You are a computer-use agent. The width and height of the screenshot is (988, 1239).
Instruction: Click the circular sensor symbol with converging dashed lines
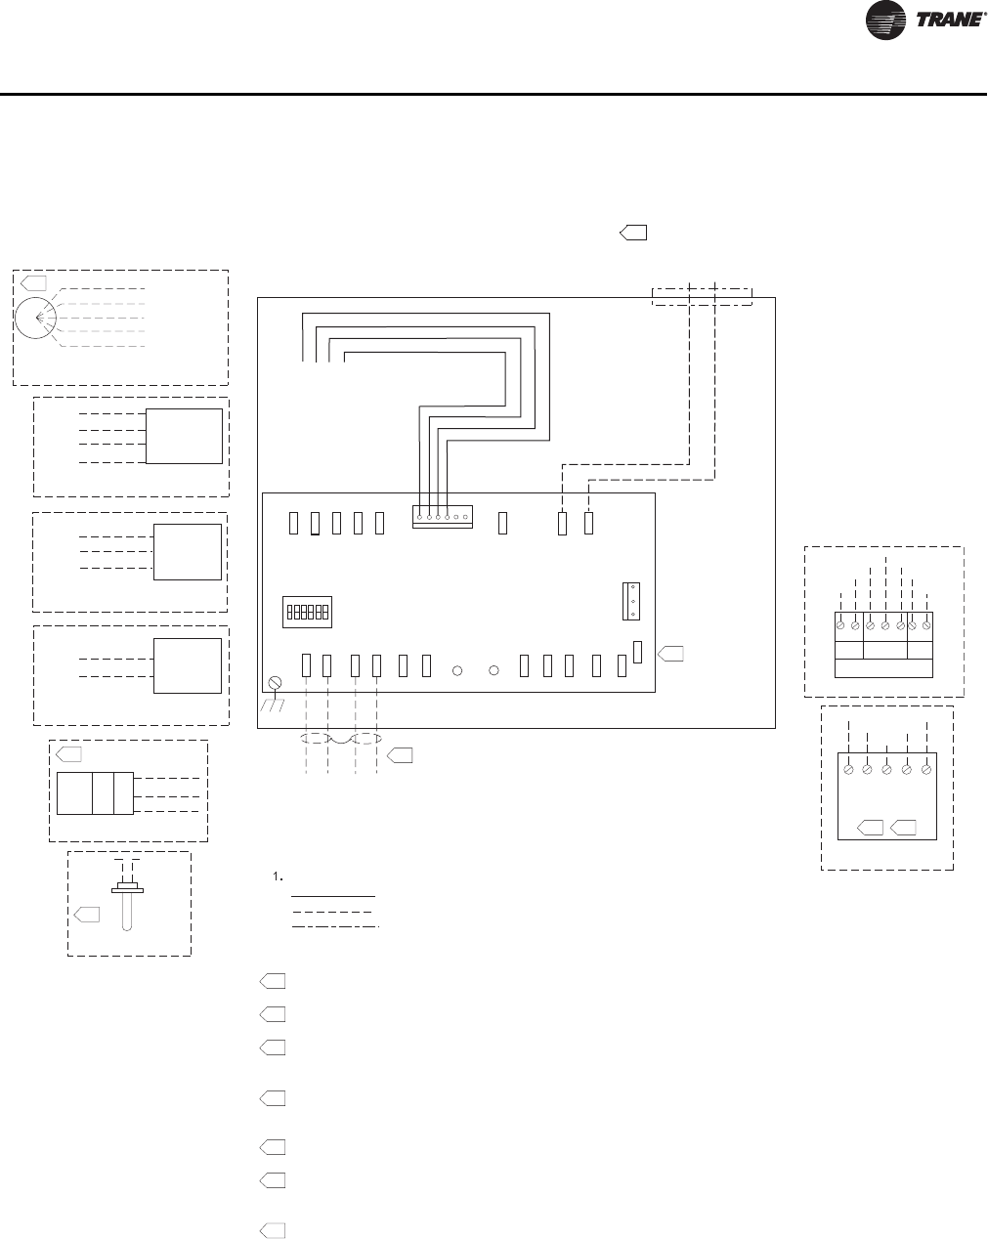[x=37, y=319]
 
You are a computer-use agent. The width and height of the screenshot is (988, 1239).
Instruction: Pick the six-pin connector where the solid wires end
[x=442, y=517]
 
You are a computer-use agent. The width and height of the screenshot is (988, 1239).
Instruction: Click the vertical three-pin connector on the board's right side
[x=629, y=601]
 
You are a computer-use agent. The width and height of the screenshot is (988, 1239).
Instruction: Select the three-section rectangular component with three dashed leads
[x=95, y=792]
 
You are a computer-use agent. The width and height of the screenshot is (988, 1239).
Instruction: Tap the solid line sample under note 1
[x=333, y=895]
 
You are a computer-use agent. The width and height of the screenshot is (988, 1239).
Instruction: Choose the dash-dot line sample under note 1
[x=333, y=924]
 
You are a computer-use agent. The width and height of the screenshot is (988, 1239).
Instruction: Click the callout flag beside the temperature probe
[x=87, y=914]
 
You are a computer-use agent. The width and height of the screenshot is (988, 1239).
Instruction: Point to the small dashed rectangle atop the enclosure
[x=702, y=296]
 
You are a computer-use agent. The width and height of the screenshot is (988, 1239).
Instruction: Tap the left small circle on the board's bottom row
[x=457, y=671]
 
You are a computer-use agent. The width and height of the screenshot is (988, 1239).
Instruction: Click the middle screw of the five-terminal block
[x=886, y=769]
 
